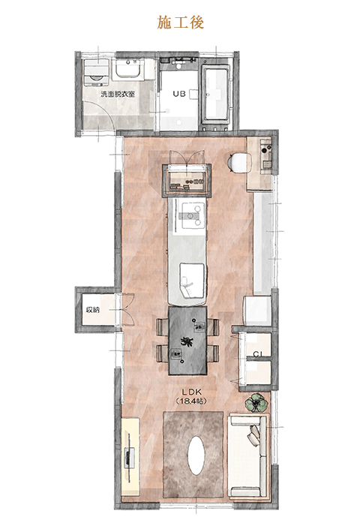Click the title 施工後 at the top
tap(180, 23)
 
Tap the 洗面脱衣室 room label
tap(118, 94)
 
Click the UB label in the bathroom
tap(179, 94)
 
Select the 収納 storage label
tap(93, 310)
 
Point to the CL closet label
tap(258, 354)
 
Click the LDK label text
tap(191, 392)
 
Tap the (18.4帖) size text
tap(191, 401)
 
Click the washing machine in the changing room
tap(96, 72)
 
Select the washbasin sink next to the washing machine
tap(128, 70)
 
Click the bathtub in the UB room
tap(216, 92)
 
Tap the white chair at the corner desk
tap(240, 163)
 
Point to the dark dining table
tap(187, 340)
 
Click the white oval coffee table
tap(196, 455)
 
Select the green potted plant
tap(256, 403)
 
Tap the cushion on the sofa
tap(254, 435)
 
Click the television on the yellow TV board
tap(129, 458)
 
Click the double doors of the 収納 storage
tap(125, 310)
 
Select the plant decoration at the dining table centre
tap(186, 341)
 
